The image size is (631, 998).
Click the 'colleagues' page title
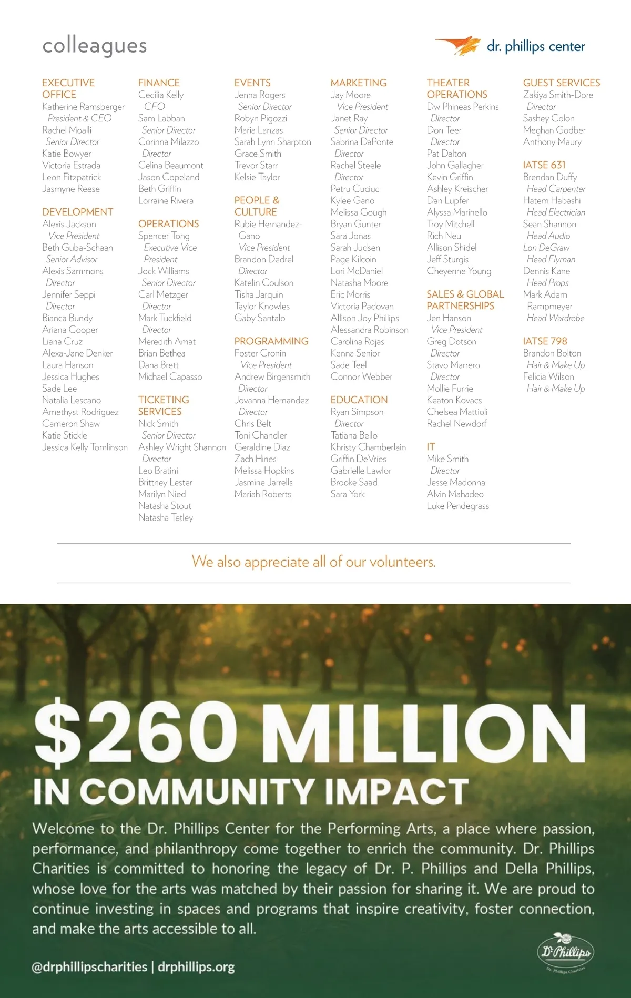click(95, 46)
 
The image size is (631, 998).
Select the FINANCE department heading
click(159, 83)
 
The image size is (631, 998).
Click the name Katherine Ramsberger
click(83, 107)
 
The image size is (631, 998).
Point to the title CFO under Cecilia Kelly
click(154, 106)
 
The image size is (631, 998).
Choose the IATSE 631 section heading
click(544, 165)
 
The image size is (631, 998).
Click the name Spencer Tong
click(164, 236)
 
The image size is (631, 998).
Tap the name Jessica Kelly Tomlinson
click(85, 447)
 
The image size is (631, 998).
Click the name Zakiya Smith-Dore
click(558, 95)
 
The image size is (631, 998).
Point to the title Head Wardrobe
click(555, 318)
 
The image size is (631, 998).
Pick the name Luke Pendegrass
click(457, 506)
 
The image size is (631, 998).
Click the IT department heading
click(431, 446)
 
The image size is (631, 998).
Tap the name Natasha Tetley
click(166, 517)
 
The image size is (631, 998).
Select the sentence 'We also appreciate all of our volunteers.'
click(313, 562)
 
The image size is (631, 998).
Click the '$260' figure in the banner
click(136, 732)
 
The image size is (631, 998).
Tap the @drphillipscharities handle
click(89, 966)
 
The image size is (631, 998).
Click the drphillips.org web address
click(196, 966)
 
